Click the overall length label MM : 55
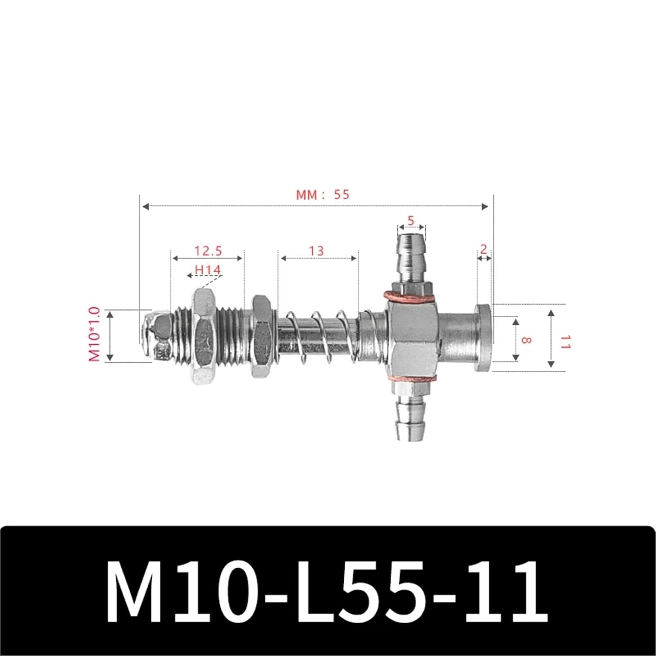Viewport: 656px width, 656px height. coord(323,194)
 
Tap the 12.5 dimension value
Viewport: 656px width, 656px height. coord(208,251)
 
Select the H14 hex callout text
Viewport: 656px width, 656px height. coord(208,270)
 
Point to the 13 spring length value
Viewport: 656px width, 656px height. coord(316,251)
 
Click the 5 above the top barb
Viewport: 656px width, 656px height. coord(410,221)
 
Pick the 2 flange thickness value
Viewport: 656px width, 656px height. coord(483,249)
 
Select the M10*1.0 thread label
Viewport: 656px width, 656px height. coord(94,335)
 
